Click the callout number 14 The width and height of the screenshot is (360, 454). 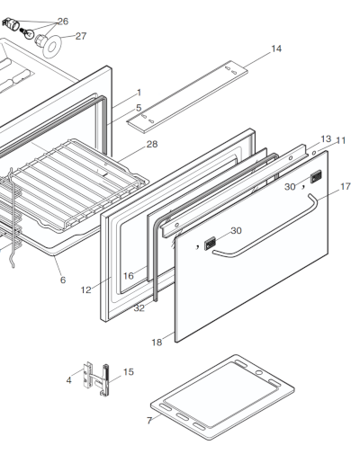click(276, 49)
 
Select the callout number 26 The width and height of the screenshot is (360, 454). click(62, 21)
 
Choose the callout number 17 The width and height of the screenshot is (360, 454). click(345, 187)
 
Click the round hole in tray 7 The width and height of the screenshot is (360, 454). click(260, 369)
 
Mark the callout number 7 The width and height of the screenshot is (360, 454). click(149, 421)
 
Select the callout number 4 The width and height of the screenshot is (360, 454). click(68, 381)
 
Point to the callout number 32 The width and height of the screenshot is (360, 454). click(139, 308)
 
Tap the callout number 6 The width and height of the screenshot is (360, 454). click(63, 280)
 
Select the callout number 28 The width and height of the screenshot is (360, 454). click(152, 144)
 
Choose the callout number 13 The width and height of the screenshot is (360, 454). click(326, 139)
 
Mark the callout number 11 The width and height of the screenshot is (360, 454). click(341, 141)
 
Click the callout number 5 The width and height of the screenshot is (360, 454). click(139, 108)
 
